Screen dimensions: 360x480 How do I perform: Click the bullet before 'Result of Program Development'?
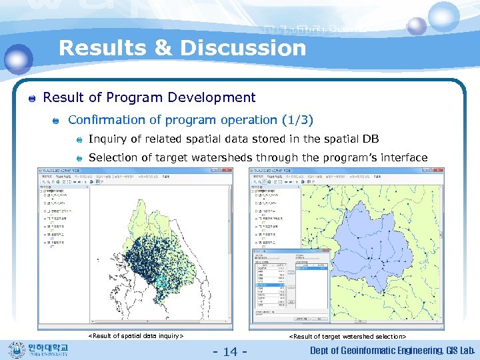32,99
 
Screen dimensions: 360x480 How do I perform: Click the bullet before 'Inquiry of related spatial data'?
79,140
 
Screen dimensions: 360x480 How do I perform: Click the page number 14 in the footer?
229,351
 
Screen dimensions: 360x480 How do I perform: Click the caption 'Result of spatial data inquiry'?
136,336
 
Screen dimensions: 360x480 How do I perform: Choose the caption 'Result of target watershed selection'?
347,337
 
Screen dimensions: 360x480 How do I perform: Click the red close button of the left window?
228,171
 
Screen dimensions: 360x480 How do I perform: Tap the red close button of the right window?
439,171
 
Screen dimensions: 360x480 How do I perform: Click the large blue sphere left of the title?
18,59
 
